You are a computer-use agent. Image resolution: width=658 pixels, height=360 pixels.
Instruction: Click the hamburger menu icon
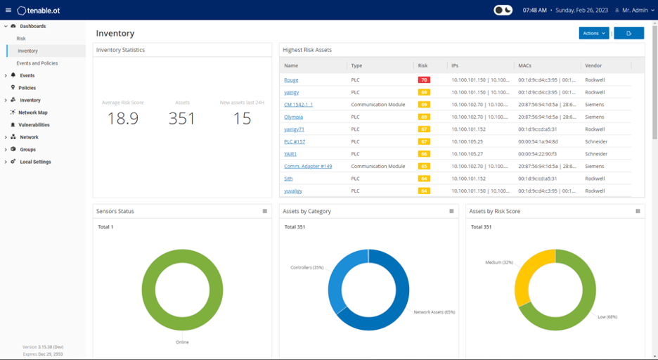tap(8, 11)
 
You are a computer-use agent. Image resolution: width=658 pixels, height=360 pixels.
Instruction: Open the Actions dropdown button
tap(593, 33)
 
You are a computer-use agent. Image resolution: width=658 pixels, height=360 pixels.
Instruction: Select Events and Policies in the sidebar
tap(37, 63)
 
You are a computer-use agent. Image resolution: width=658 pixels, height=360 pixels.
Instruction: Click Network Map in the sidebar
tap(33, 112)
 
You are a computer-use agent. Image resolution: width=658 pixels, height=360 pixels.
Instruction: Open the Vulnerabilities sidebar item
tap(34, 124)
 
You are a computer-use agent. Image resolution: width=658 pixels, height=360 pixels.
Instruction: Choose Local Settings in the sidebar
tap(35, 162)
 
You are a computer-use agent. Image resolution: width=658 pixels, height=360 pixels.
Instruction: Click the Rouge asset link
tap(291, 80)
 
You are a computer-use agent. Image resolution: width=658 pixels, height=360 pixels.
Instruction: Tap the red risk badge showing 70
tap(423, 80)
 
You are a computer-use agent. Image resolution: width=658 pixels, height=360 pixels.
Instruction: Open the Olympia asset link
tap(293, 117)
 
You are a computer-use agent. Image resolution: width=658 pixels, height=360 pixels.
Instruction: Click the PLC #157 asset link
tap(295, 141)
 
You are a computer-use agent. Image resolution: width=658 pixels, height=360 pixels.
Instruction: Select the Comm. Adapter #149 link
tap(308, 166)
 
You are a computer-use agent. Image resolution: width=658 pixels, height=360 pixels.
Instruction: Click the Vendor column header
tap(593, 65)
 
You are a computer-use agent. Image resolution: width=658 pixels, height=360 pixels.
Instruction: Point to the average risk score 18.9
tap(122, 119)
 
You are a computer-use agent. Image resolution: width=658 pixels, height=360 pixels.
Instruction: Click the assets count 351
tap(182, 119)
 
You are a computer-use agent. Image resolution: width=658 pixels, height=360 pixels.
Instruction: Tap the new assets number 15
tap(242, 119)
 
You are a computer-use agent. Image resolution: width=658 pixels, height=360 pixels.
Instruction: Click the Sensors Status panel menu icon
tap(265, 211)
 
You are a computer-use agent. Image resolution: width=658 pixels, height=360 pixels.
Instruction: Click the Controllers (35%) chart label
tap(307, 268)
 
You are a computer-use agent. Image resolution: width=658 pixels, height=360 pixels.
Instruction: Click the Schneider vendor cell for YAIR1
tap(596, 154)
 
